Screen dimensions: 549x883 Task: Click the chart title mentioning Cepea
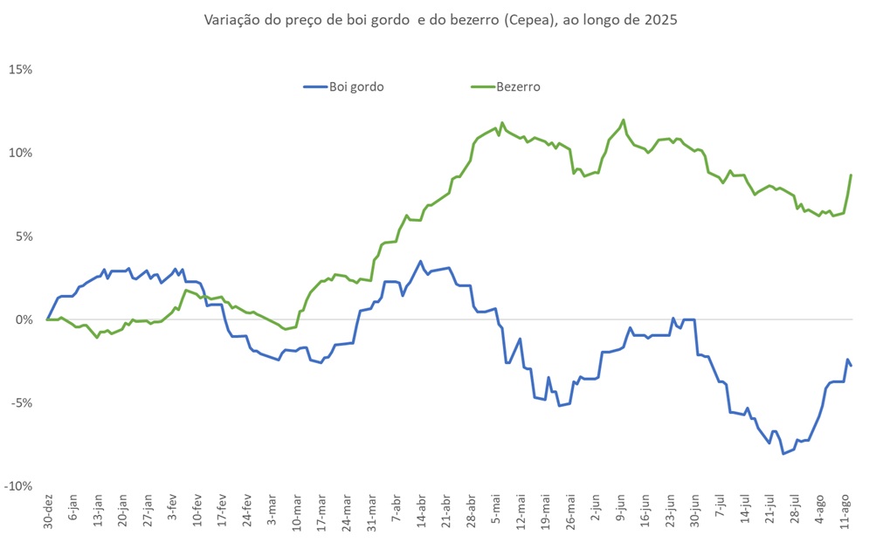tap(440, 19)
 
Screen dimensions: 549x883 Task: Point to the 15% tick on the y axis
tap(21, 70)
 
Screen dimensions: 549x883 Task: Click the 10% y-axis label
tap(21, 153)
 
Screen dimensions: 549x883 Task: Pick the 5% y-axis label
tap(24, 237)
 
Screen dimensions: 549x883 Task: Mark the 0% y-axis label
tap(24, 319)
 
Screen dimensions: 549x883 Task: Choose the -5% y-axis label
tap(22, 403)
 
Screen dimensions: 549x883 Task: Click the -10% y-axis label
tap(19, 486)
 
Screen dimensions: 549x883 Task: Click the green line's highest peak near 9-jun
tap(624, 120)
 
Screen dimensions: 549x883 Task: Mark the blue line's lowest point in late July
tap(783, 454)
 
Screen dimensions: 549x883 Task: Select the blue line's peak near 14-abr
tap(421, 261)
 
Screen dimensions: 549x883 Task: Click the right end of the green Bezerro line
tap(852, 175)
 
